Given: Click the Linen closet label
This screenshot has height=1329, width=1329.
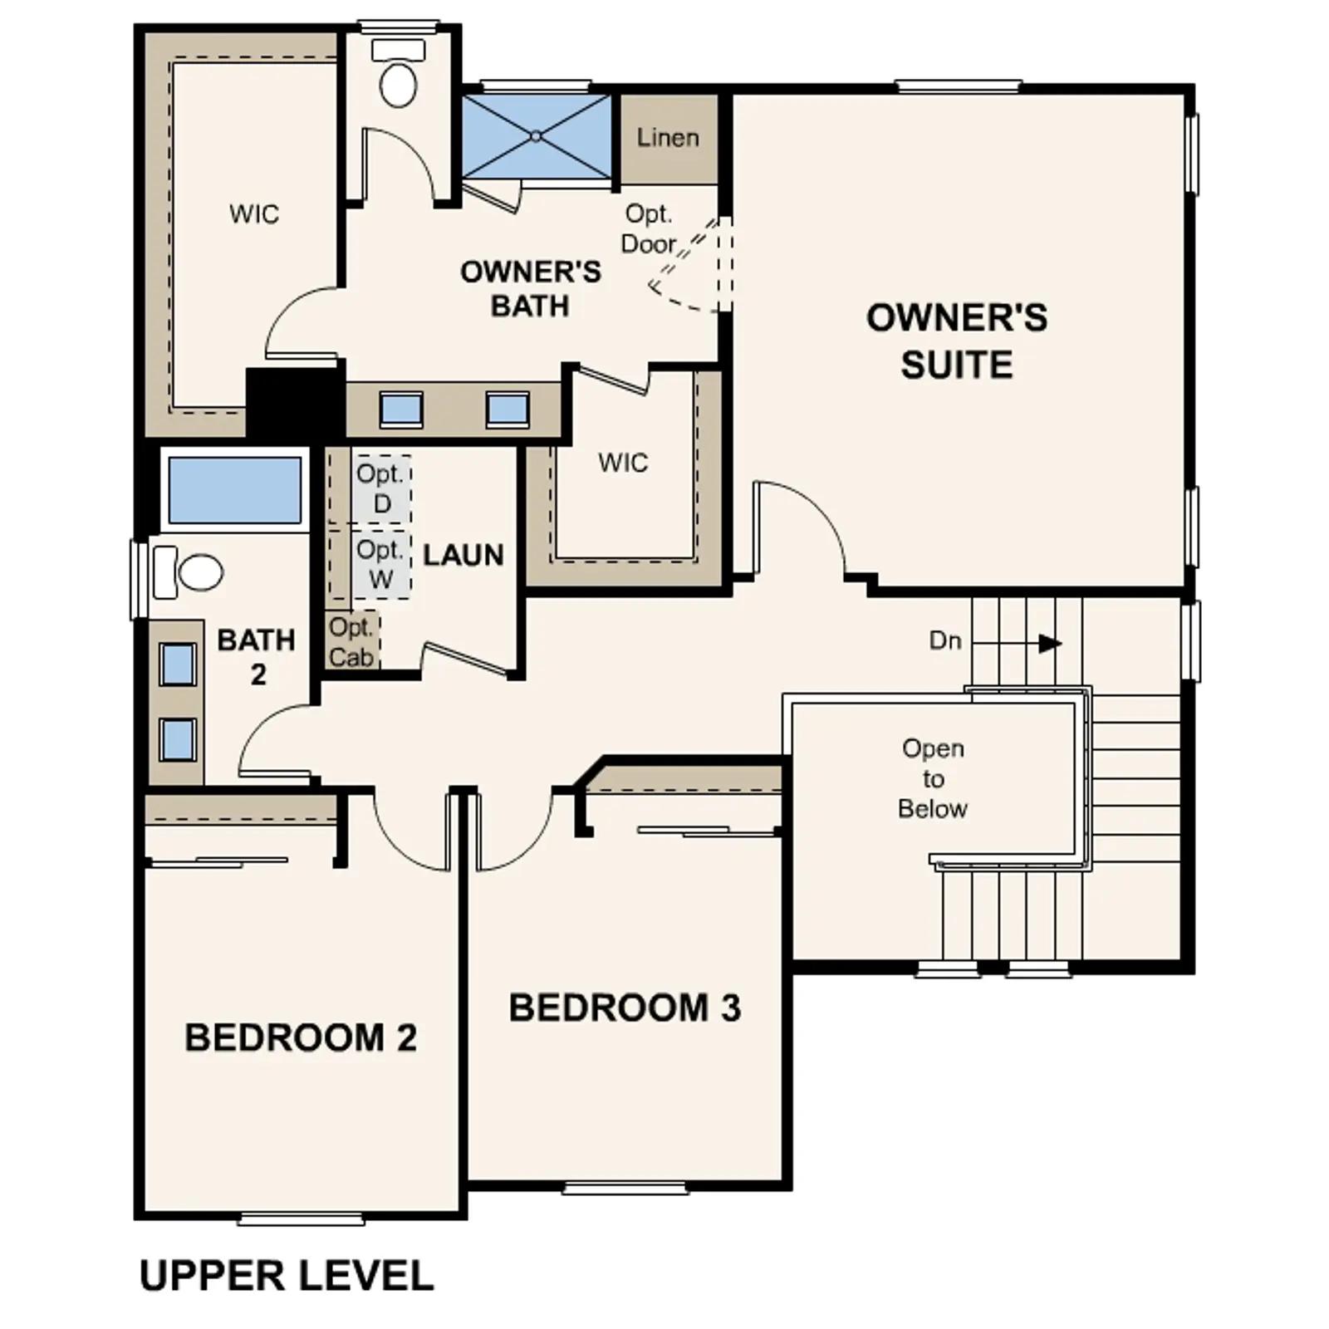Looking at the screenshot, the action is point(668,138).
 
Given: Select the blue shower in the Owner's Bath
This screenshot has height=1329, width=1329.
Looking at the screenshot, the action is point(537,135).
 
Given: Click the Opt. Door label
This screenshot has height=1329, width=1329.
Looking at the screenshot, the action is point(650,228).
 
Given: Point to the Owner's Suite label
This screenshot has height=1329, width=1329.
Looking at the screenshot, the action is point(957,341).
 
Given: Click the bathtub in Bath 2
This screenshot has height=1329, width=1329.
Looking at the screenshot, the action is point(235,489).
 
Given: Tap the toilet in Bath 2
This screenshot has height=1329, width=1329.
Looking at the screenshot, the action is point(189,572).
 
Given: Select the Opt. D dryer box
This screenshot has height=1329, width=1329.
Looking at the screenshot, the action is point(381,488).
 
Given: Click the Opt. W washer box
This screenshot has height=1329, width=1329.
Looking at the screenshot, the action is point(381,564).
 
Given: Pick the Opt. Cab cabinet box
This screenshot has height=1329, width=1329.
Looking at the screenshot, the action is point(352,641).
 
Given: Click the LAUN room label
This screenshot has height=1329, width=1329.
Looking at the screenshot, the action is point(463,556).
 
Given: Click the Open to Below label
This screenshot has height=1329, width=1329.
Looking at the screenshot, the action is point(933,778).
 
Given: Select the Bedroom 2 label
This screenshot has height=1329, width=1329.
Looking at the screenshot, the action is point(301,1037).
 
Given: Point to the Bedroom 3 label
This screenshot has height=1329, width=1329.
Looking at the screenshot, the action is point(625,1008).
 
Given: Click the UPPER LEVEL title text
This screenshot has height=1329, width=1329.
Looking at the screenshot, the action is point(287,1276).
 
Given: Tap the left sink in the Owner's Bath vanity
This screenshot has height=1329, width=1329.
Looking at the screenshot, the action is point(401,409).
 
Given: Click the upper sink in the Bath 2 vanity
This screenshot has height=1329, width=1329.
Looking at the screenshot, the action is point(178,664).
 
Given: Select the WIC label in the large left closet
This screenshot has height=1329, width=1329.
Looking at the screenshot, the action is point(254,214).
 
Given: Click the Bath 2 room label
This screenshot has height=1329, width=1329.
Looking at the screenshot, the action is point(257,657).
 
